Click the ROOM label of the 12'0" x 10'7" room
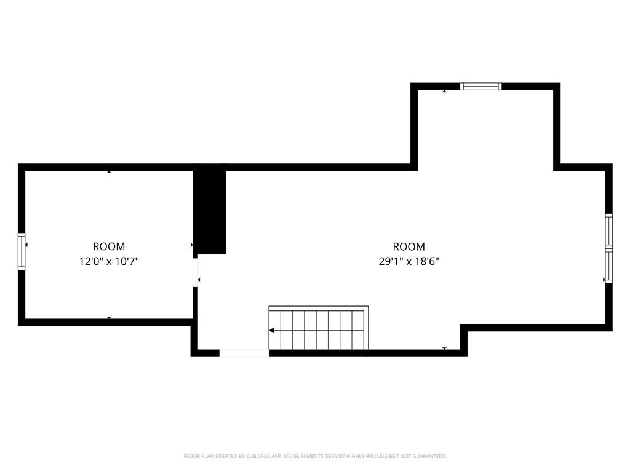coord(109,246)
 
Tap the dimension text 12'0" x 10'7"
coord(109,261)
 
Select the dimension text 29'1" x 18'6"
coord(409,261)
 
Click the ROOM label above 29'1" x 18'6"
coord(409,246)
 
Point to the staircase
coord(319,328)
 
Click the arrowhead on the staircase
coord(271,330)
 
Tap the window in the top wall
coord(481,87)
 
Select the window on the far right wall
coord(608,248)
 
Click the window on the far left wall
coord(22,251)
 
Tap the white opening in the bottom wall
coord(244,353)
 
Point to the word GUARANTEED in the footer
coord(427,456)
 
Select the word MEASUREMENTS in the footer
coord(302,456)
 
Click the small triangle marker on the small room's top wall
coord(109,172)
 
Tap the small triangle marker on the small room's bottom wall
coord(109,318)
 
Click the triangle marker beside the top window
coord(444,91)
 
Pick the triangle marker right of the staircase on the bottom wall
coord(444,348)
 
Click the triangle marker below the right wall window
coord(604,280)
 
